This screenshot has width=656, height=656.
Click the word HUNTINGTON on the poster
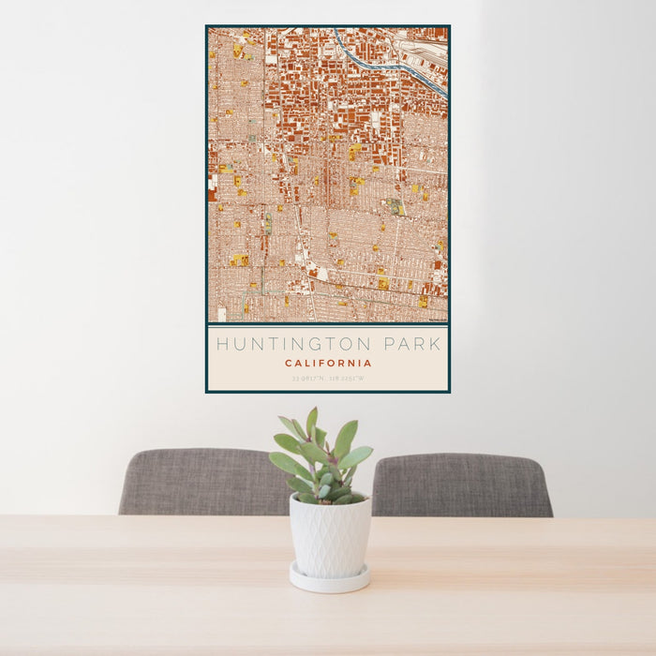click(290, 344)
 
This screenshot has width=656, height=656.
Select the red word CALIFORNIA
click(328, 364)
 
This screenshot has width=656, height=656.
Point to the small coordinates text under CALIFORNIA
click(328, 379)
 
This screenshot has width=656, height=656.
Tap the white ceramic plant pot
click(330, 537)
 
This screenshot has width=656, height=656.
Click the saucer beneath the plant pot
click(329, 579)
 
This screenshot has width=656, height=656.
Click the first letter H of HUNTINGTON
click(221, 344)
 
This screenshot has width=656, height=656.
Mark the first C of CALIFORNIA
click(288, 364)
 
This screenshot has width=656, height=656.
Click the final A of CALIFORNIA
click(368, 364)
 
